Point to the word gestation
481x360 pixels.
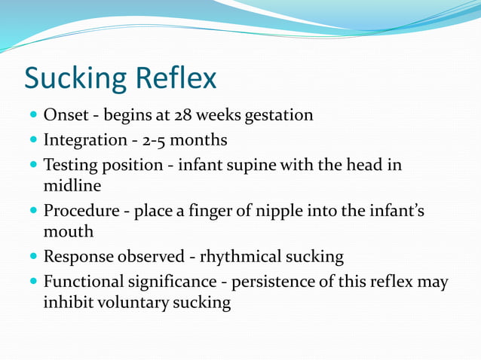276,116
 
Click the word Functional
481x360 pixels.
83,282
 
